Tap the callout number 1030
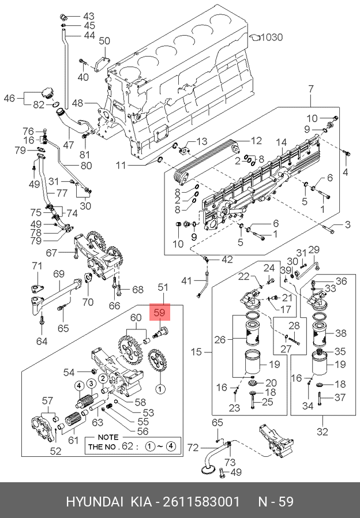coord(272,37)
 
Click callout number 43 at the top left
coord(88,16)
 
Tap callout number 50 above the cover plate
coord(104,40)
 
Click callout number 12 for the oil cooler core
coord(256,140)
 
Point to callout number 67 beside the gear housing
coord(52,253)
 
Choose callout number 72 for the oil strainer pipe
coord(192,448)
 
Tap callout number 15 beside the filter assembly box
coord(196,351)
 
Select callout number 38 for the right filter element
coord(341,333)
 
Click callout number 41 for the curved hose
coord(185,281)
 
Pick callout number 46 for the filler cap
coord(9,98)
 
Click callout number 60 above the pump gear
coord(136,317)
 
